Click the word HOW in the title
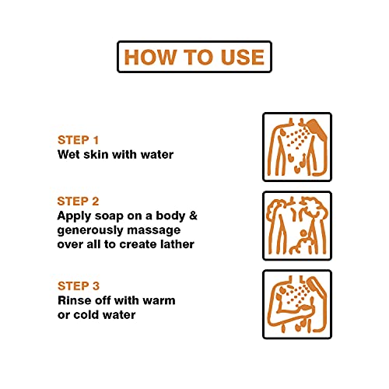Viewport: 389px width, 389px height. click(x=149, y=57)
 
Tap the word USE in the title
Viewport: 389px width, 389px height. click(x=243, y=57)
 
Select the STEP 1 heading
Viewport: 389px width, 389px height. click(x=79, y=140)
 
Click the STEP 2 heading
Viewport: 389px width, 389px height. click(x=79, y=202)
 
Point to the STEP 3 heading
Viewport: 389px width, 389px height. click(x=79, y=286)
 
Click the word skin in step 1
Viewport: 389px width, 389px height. click(x=96, y=155)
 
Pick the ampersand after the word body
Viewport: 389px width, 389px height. click(x=193, y=216)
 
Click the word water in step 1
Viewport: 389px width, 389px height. click(x=157, y=155)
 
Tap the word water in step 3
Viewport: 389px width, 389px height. click(x=119, y=315)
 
